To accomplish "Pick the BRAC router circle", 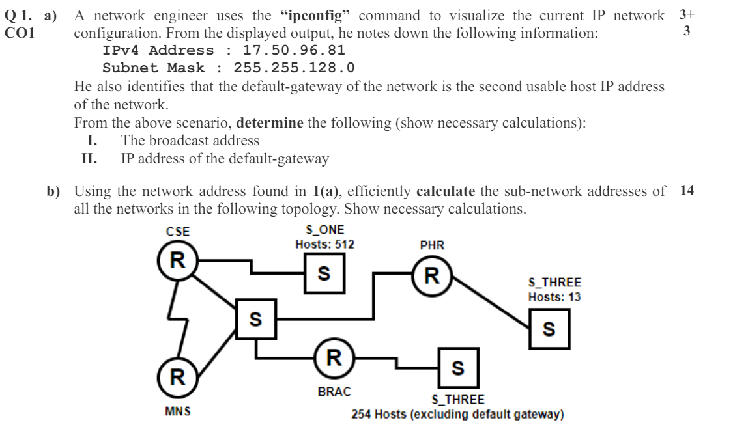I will coord(334,357).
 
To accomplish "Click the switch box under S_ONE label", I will coord(324,273).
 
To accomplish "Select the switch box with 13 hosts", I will coord(549,329).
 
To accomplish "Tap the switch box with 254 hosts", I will coord(458,368).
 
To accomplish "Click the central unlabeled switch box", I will coord(255,319).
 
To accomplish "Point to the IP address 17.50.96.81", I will coord(294,50).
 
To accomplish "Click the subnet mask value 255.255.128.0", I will coord(294,68).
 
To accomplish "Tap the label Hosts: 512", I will coord(324,245).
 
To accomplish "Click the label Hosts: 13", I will coord(554,297).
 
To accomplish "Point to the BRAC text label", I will coord(334,392).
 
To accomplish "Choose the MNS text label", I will coord(177,411).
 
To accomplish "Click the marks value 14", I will coord(687,191).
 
